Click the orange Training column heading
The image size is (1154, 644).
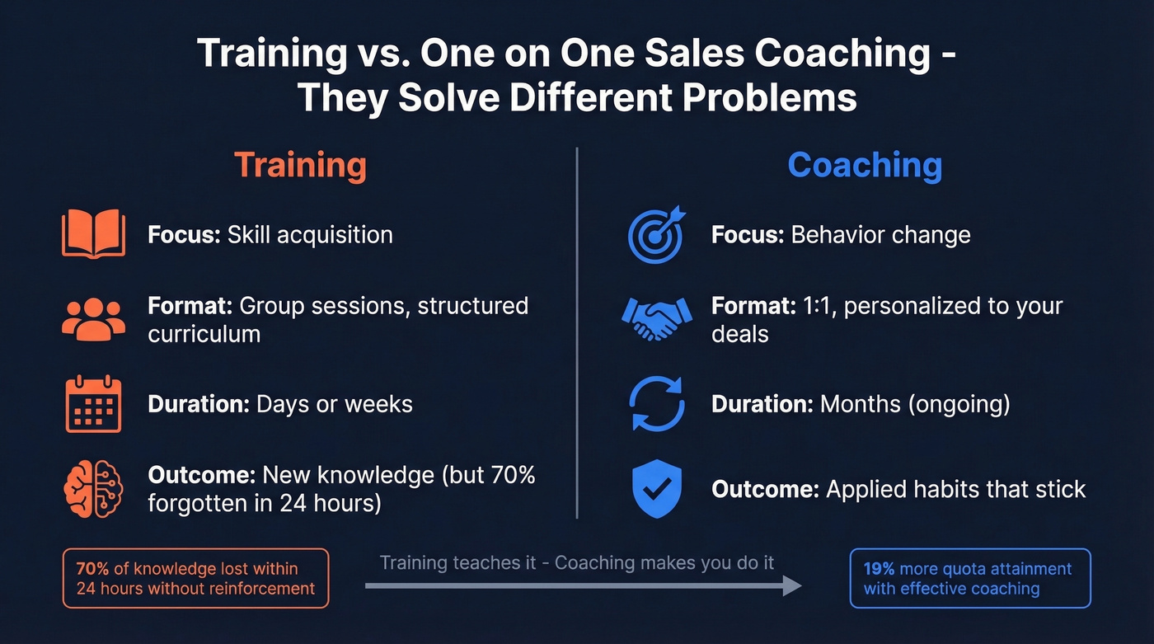coord(300,165)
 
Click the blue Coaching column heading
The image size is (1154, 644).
coord(865,165)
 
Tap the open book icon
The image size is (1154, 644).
coord(93,234)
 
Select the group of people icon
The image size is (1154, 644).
coord(93,319)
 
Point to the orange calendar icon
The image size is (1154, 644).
coord(93,404)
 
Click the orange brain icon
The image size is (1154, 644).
coord(93,489)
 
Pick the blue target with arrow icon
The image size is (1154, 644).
coord(657,234)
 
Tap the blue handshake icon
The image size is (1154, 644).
coord(657,319)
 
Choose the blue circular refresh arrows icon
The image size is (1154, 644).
coord(657,404)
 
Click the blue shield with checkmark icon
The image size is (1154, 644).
coord(657,489)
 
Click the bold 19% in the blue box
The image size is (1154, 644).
coord(879,569)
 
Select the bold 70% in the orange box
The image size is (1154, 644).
coord(91,569)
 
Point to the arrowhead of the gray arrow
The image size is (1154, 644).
coord(792,585)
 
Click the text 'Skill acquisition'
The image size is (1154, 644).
coord(310,235)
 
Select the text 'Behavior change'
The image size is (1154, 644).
coord(880,235)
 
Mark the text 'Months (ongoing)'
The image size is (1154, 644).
coord(914,404)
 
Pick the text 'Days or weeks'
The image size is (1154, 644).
coord(335,404)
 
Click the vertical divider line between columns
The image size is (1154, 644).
coord(577,330)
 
